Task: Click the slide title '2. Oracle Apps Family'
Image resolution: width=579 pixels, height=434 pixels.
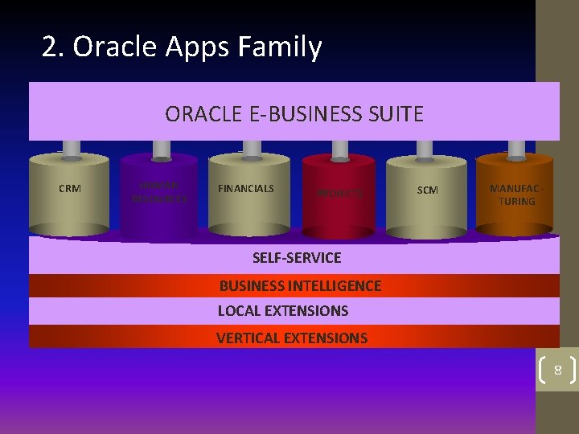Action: (182, 47)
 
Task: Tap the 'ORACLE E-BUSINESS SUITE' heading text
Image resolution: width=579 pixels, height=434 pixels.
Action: (294, 114)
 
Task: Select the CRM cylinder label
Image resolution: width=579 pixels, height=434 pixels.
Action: (70, 189)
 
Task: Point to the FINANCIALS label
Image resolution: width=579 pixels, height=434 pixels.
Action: (246, 189)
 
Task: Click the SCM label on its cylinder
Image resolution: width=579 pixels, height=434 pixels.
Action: (427, 190)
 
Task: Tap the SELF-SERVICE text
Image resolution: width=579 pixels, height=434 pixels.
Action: (297, 258)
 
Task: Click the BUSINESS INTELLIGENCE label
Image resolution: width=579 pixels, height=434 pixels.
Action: (300, 286)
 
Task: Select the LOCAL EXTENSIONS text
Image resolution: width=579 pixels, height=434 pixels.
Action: (283, 311)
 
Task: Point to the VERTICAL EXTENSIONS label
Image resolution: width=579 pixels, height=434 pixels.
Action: (292, 338)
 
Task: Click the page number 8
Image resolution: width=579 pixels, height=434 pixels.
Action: (557, 371)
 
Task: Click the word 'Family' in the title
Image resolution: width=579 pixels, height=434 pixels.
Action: (280, 47)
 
